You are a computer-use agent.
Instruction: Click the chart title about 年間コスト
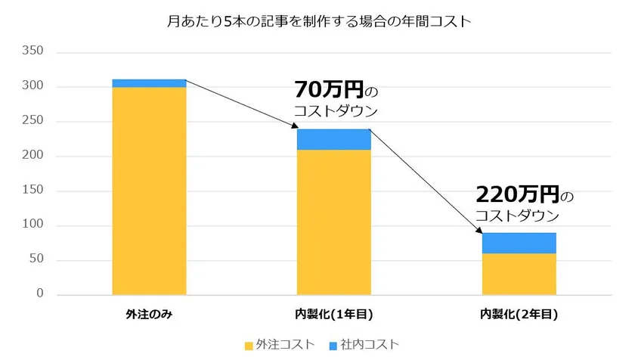click(x=317, y=21)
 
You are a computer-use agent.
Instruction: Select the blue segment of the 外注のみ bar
click(x=149, y=83)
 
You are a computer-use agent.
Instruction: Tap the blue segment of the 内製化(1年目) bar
click(x=333, y=139)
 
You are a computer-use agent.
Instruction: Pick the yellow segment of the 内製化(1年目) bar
click(x=333, y=222)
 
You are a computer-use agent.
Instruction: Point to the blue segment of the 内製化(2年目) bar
click(x=519, y=243)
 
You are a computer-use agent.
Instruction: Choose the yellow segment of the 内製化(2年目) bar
click(x=519, y=274)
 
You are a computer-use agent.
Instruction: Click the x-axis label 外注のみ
click(x=149, y=314)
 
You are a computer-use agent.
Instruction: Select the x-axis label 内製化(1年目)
click(x=333, y=314)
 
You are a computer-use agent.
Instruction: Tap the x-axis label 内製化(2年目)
click(x=519, y=314)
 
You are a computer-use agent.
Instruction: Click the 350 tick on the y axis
click(x=34, y=51)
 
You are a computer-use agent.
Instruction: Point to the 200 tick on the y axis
click(x=34, y=156)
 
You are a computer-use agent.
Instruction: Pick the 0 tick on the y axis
click(x=40, y=294)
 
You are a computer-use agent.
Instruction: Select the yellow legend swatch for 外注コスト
click(x=249, y=345)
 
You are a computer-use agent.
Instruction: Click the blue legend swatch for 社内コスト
click(x=333, y=345)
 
